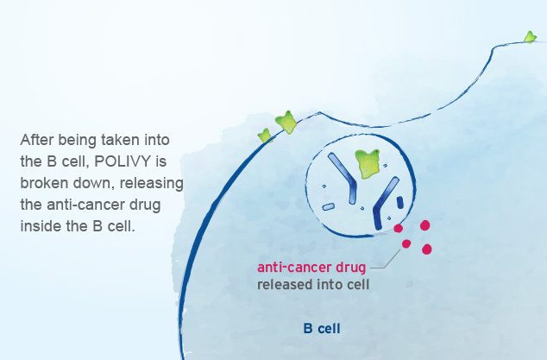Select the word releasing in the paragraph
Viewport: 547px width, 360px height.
[x=153, y=182]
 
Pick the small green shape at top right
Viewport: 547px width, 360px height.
[x=530, y=37]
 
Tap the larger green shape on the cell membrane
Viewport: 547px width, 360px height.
[x=286, y=123]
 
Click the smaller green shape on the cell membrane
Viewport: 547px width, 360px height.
[x=265, y=135]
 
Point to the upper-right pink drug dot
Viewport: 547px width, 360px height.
[x=424, y=225]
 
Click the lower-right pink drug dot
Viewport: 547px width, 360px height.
[x=426, y=249]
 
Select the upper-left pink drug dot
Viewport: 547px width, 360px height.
[x=399, y=229]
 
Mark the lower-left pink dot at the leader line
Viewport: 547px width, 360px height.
[x=406, y=244]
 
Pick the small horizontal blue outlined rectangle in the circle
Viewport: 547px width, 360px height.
[x=329, y=207]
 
